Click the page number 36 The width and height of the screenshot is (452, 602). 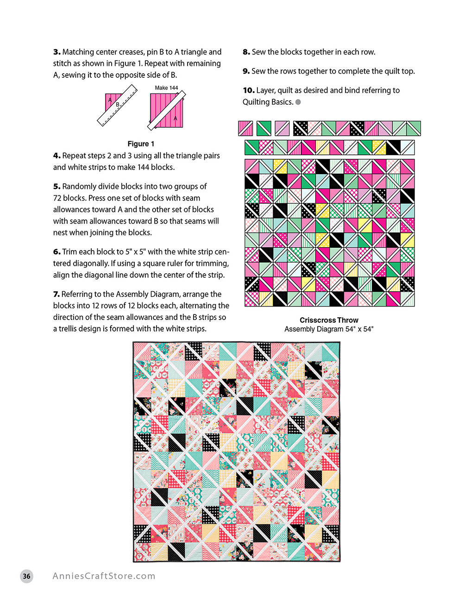[x=27, y=576]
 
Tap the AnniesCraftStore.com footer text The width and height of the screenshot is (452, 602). [x=104, y=576]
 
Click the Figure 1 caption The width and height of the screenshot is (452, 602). [x=141, y=144]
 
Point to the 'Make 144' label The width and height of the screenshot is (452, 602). [x=166, y=88]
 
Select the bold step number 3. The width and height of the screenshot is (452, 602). [x=56, y=52]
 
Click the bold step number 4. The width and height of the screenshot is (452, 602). [x=56, y=156]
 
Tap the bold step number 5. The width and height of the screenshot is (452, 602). [x=56, y=187]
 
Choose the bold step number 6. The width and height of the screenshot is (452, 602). [x=56, y=252]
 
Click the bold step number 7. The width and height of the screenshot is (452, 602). [x=56, y=295]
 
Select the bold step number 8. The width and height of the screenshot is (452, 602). [x=246, y=52]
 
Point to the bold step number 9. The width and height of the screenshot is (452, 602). [x=246, y=71]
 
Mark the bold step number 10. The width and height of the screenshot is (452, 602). [x=249, y=90]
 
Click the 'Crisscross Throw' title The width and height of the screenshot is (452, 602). [x=329, y=320]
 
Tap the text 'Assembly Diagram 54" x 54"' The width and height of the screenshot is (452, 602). [x=329, y=329]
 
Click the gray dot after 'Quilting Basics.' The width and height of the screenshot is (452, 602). [x=298, y=102]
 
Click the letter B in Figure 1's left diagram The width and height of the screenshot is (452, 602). [x=118, y=105]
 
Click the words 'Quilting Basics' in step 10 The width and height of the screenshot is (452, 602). [x=267, y=102]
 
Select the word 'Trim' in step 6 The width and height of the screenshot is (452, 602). [x=69, y=252]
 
